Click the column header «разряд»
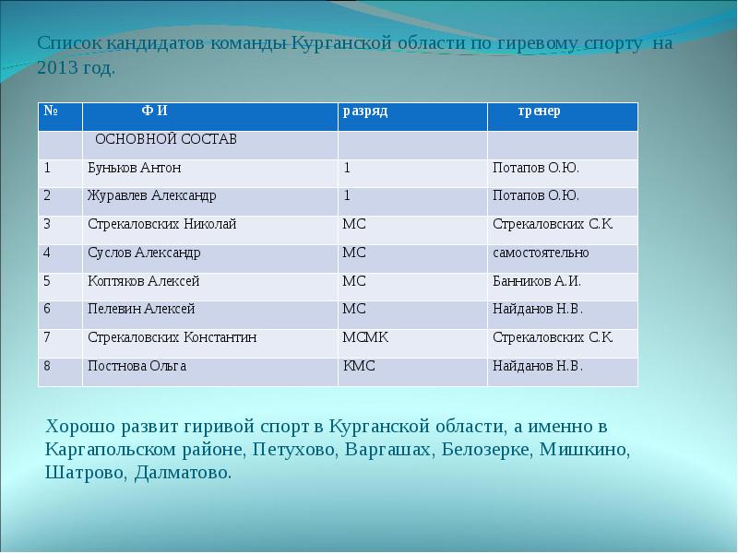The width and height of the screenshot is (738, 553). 365,111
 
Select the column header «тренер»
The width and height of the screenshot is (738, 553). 538,111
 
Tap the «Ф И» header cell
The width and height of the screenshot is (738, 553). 154,111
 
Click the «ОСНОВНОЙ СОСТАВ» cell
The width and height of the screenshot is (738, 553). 166,139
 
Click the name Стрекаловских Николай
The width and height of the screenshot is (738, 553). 161,224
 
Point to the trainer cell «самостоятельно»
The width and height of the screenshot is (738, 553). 541,253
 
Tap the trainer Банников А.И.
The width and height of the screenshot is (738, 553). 537,281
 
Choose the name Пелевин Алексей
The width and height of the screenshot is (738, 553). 141,309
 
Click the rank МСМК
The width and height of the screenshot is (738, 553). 365,337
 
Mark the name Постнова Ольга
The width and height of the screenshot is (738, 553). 137,366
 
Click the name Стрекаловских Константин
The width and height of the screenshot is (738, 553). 172,337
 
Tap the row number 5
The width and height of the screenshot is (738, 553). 47,281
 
